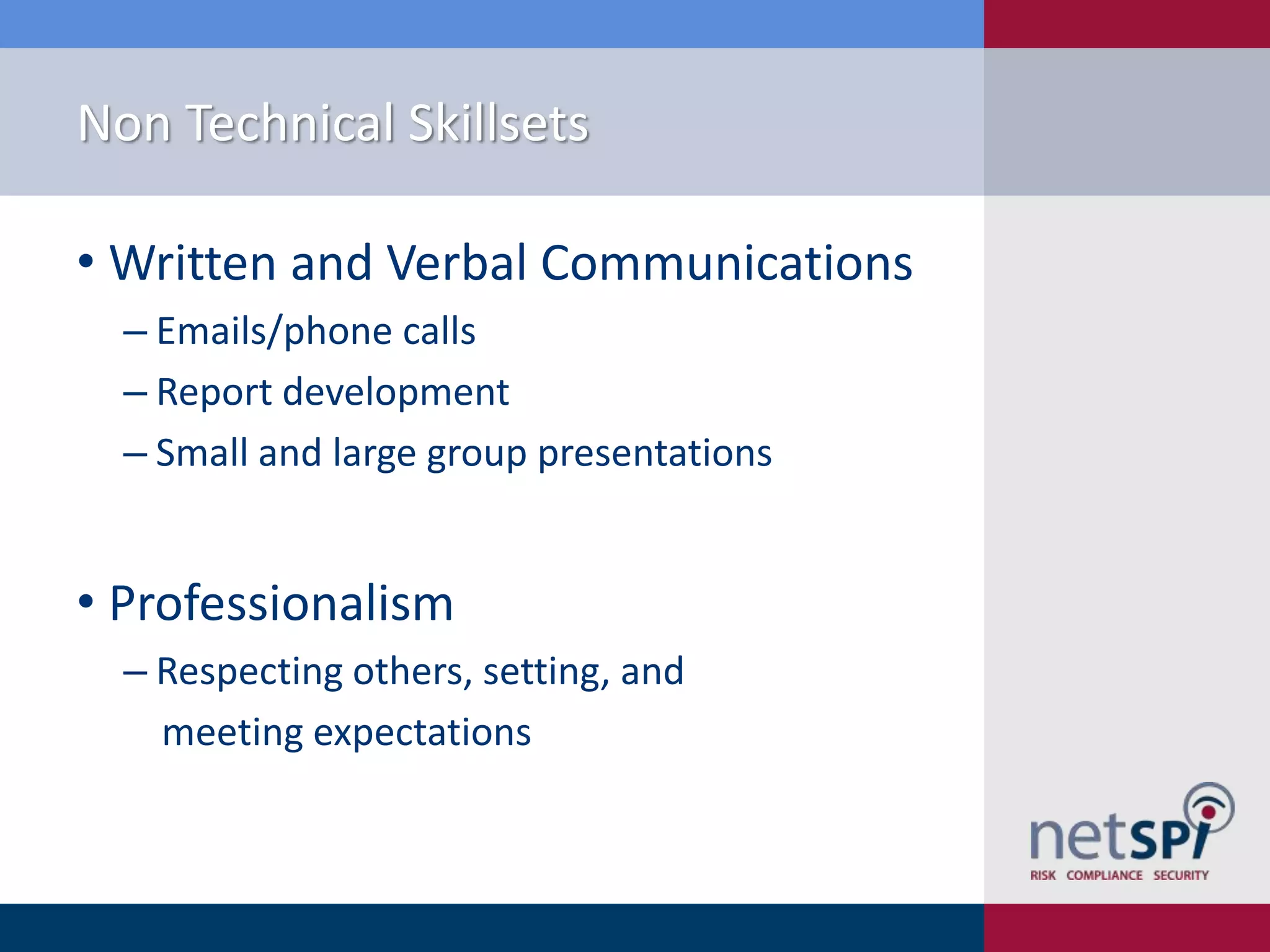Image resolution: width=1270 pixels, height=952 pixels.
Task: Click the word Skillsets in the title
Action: click(x=498, y=123)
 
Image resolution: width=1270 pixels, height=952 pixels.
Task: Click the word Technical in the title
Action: click(x=290, y=123)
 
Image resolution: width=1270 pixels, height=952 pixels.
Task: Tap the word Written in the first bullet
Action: click(x=192, y=263)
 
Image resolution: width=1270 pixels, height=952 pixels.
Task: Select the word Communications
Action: click(x=726, y=263)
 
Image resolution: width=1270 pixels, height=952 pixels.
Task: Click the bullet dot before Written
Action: click(x=86, y=261)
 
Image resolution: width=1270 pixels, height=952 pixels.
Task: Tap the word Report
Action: click(x=214, y=393)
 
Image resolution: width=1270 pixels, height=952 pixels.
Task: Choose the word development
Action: click(x=396, y=393)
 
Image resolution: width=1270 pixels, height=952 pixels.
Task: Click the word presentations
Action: click(x=654, y=453)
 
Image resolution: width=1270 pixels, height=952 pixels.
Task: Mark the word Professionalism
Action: click(x=281, y=604)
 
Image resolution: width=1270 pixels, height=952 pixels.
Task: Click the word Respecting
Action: click(x=249, y=672)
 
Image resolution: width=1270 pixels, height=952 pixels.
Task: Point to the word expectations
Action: click(x=422, y=734)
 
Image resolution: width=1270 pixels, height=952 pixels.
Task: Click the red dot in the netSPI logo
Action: click(x=1208, y=812)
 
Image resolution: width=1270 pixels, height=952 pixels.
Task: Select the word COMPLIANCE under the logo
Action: click(x=1104, y=875)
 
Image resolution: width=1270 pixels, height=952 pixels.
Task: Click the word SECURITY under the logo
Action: click(x=1181, y=875)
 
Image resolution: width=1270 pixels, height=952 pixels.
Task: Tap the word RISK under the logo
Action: click(x=1042, y=875)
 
